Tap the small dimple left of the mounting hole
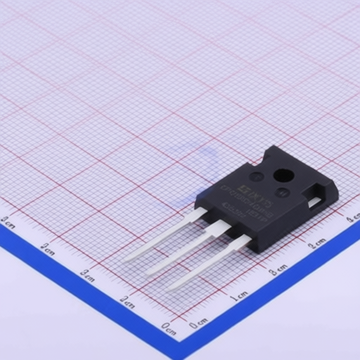click(x=258, y=176)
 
